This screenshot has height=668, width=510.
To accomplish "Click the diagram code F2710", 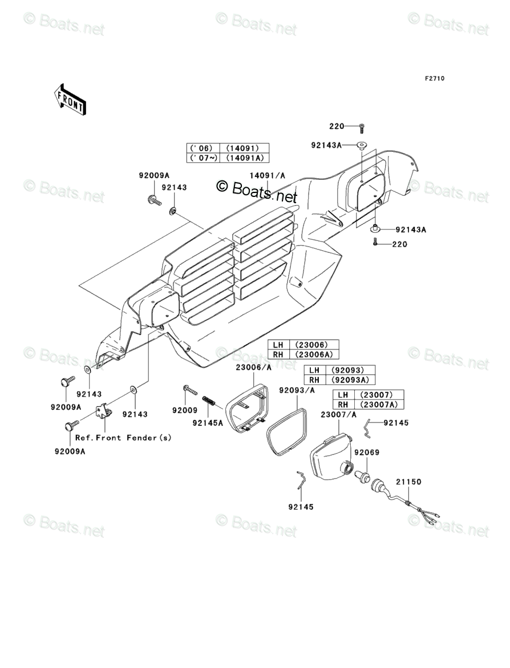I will tap(434, 79).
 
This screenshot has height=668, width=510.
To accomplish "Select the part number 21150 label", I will tap(409, 482).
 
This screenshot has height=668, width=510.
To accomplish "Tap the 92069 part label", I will tap(366, 452).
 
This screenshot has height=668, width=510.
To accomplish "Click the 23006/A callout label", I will tap(253, 368).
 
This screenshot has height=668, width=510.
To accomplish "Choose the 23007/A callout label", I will tap(338, 415).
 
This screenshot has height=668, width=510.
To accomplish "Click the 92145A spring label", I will tap(208, 423).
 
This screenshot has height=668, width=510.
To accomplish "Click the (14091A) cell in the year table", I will tap(247, 158).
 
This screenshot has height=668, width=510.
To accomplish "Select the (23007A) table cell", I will tap(378, 405).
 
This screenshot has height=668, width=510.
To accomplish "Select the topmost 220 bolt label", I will tap(337, 126).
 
